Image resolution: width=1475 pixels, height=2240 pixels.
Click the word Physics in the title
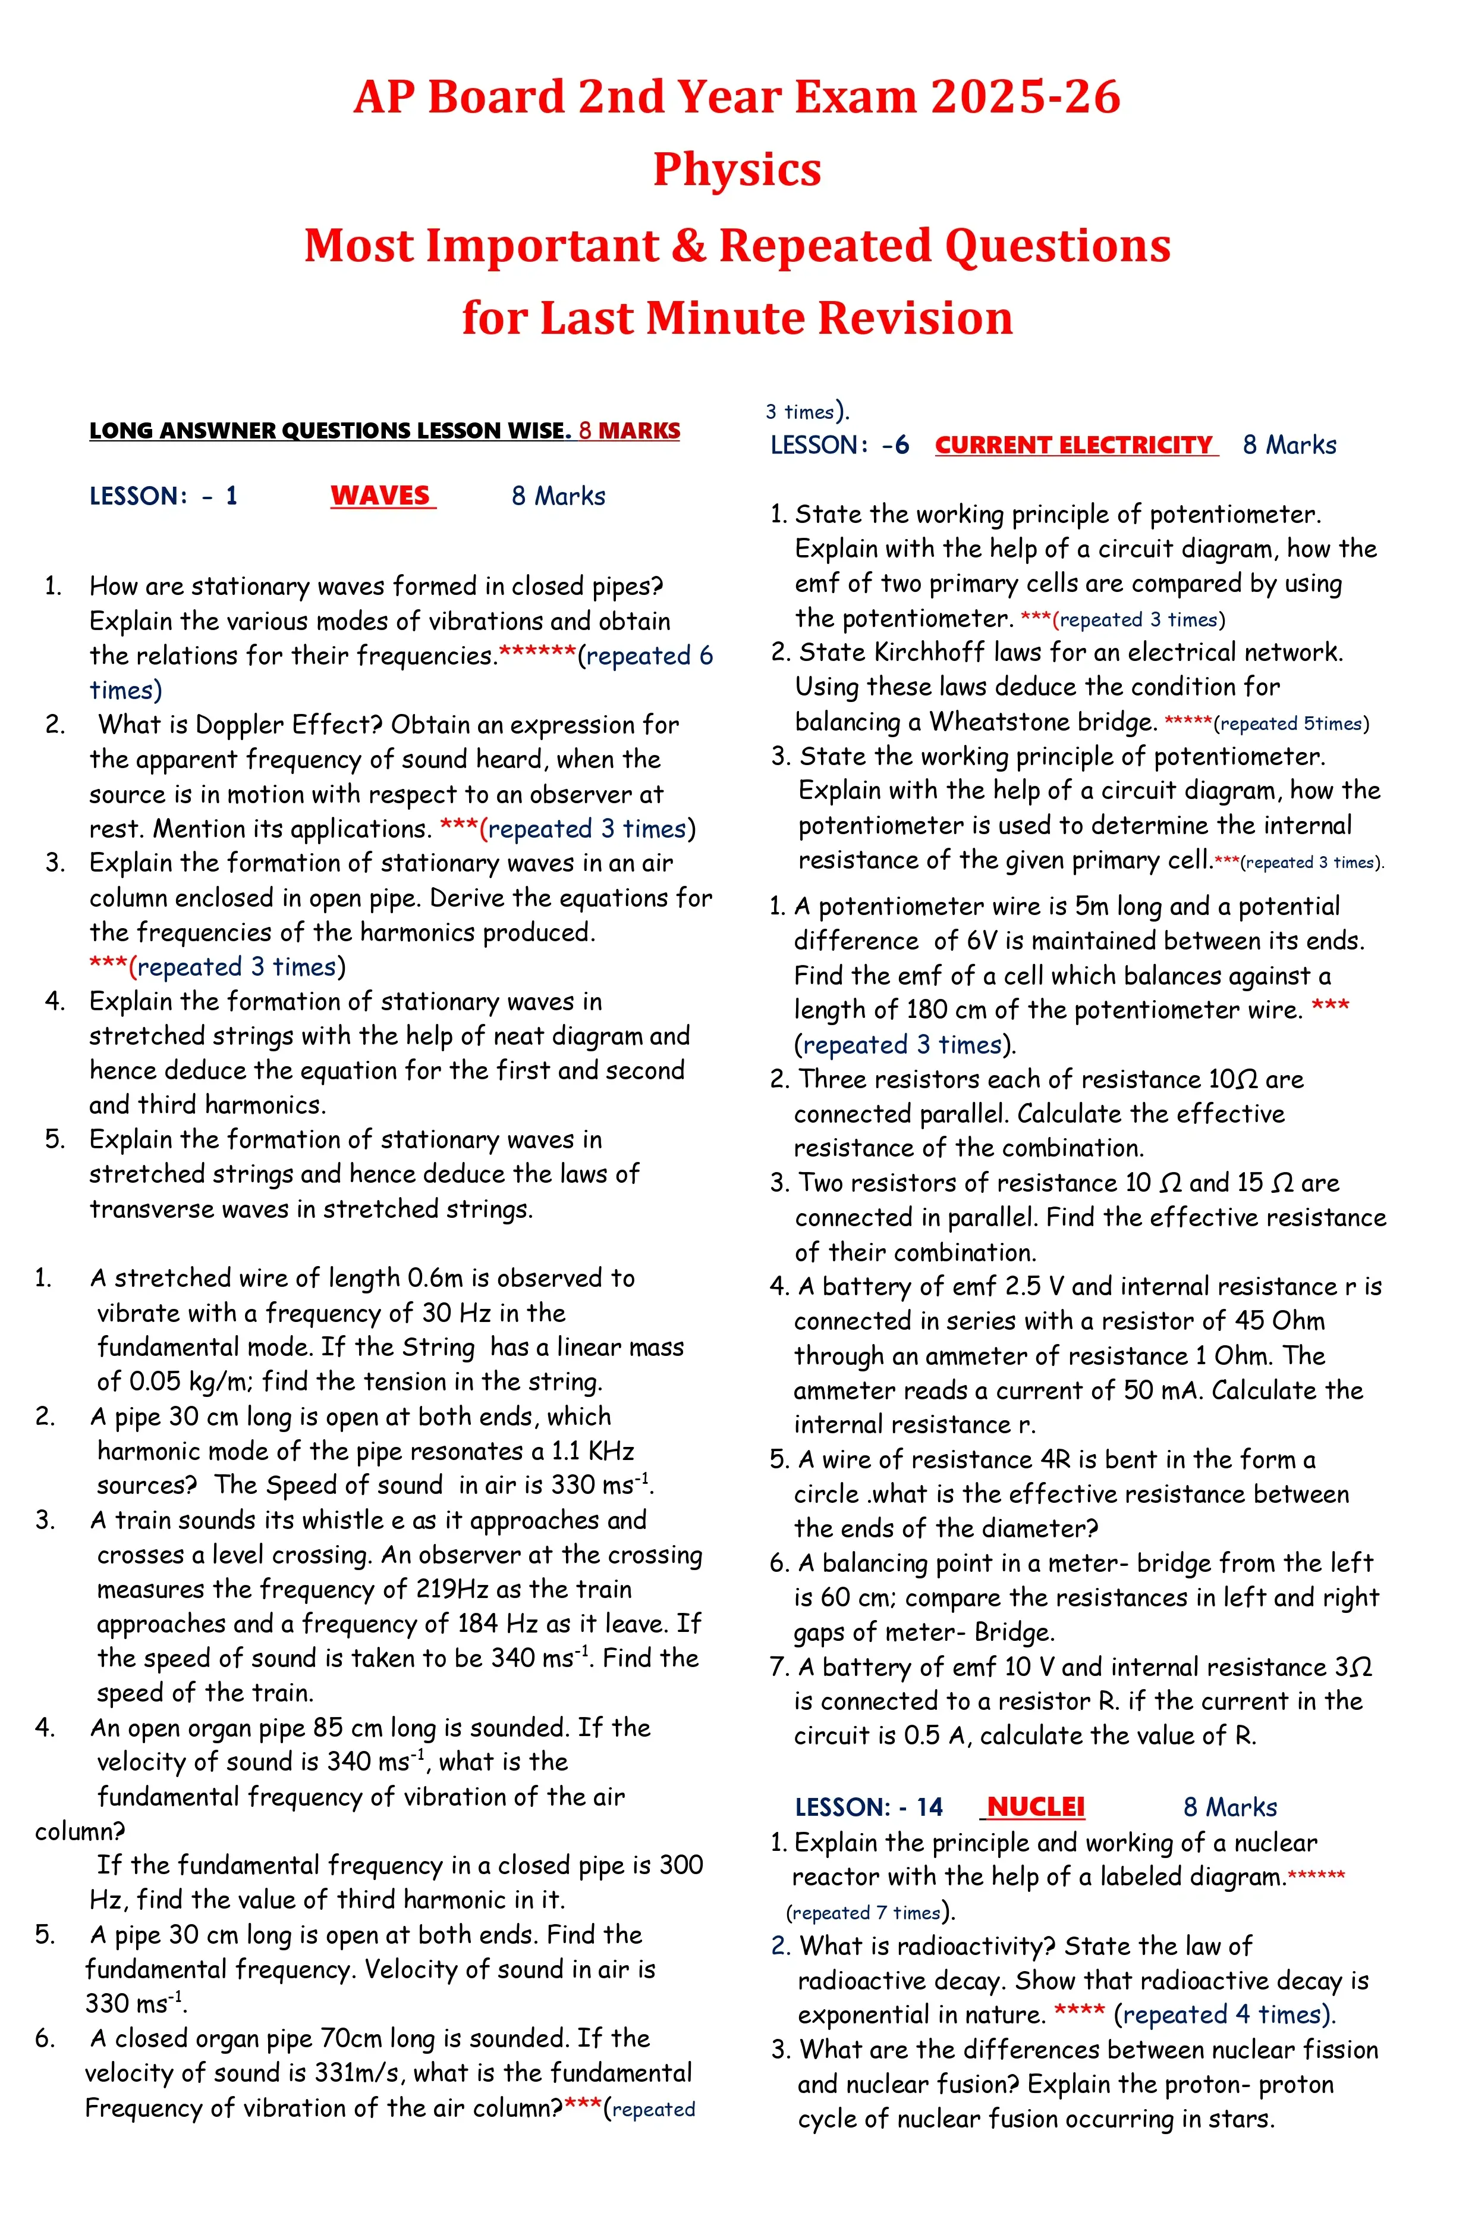(737, 170)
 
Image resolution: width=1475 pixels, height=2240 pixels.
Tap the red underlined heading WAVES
(381, 496)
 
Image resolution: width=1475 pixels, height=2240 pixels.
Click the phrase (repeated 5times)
(1291, 724)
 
